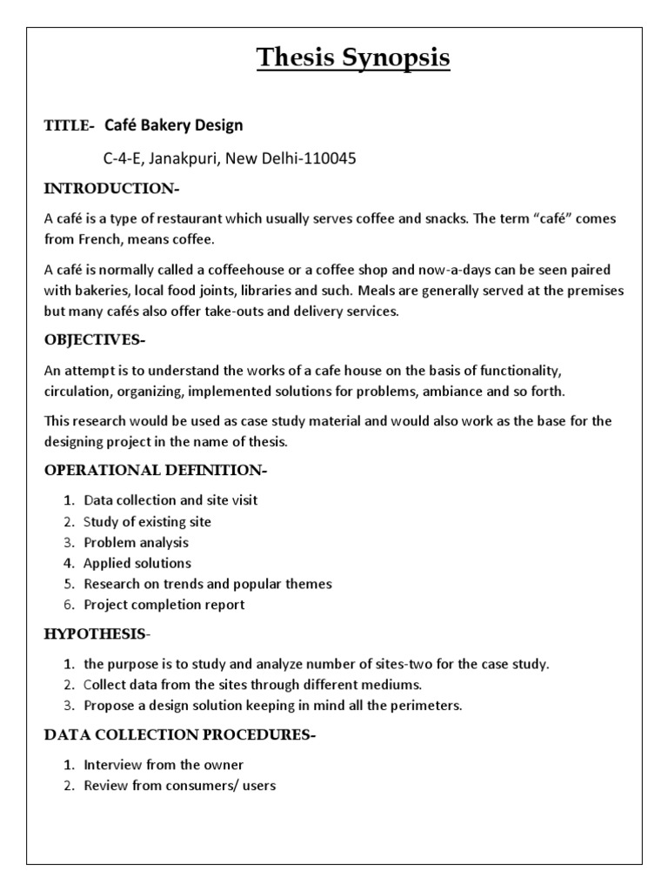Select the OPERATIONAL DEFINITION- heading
pos(156,471)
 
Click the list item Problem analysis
pos(136,542)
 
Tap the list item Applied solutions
pos(137,563)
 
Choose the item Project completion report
pos(164,605)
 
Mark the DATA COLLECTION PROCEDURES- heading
pos(180,735)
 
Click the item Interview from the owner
pos(164,765)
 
